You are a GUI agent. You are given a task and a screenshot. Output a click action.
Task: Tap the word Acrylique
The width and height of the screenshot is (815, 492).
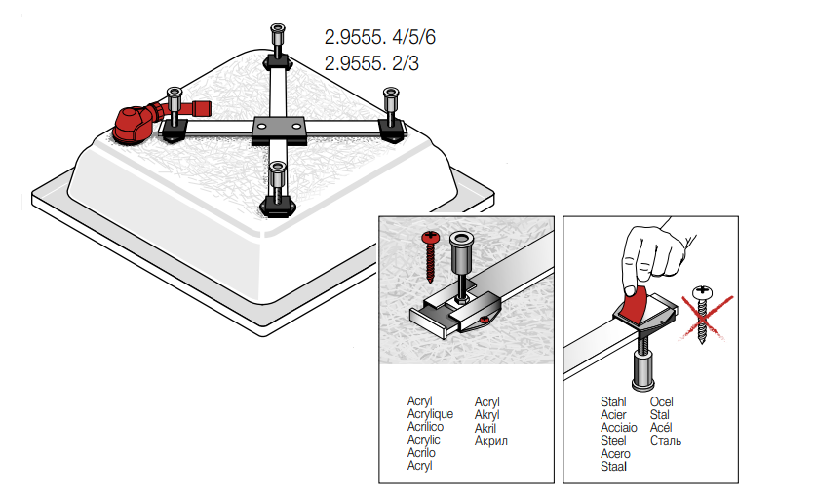coord(430,414)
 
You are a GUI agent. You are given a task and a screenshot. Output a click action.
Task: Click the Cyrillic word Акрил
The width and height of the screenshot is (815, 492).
coord(491,440)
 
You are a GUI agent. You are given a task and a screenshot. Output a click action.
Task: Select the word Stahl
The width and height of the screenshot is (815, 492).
coord(614,401)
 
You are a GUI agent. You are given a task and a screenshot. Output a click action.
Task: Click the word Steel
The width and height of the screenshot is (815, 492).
coord(614,440)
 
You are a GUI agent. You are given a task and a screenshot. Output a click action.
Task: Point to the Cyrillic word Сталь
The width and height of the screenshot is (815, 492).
coord(666,440)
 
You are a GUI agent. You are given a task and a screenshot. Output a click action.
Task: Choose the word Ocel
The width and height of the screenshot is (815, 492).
coord(662,401)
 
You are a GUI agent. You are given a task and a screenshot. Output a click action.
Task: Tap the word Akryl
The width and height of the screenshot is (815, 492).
coord(487,414)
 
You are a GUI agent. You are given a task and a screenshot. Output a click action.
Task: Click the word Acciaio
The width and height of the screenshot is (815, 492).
coord(619,427)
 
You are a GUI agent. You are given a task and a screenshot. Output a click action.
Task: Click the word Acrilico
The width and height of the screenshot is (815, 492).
coord(425,427)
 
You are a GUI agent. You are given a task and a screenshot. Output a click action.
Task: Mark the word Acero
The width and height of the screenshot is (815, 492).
coord(615,453)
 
